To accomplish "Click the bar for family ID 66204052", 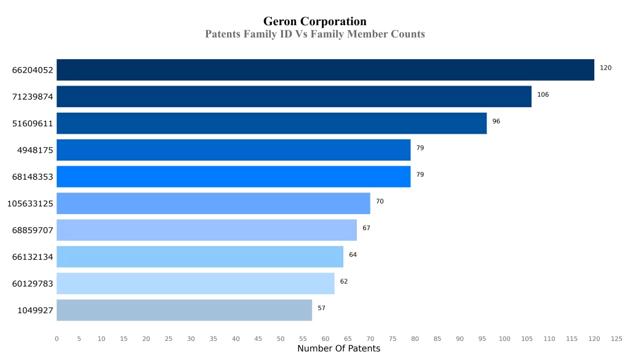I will (x=325, y=70).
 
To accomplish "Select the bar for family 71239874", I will (x=293, y=97).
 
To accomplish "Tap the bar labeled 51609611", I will (x=271, y=123).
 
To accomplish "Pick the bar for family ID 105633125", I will (x=213, y=203).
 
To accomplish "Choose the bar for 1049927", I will (x=184, y=310).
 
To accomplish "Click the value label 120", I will (x=605, y=68).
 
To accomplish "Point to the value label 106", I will (x=543, y=95).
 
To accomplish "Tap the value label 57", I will (x=321, y=308).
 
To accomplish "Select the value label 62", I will (x=344, y=281).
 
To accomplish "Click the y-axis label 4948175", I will (x=35, y=150).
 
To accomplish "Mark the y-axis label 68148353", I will (x=33, y=177).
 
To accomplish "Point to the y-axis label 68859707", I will (x=33, y=230).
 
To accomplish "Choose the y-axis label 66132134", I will (x=33, y=257).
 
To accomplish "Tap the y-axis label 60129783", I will (x=33, y=284).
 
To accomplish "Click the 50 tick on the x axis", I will (x=281, y=338).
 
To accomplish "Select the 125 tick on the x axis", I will (x=616, y=338).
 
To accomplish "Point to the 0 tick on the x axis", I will (x=57, y=338).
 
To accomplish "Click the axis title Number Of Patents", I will (x=338, y=349).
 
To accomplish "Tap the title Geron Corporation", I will (x=314, y=22).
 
